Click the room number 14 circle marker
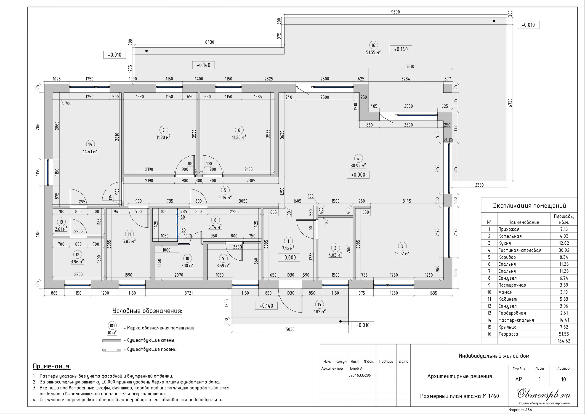pyautogui.click(x=90, y=144)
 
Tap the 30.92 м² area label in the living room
pyautogui.click(x=358, y=166)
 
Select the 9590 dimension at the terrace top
pyautogui.click(x=395, y=12)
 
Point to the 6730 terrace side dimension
pyautogui.click(x=510, y=103)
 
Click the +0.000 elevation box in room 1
pyautogui.click(x=289, y=257)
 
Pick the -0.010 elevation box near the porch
pyautogui.click(x=363, y=325)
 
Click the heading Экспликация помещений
pyautogui.click(x=529, y=206)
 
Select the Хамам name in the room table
pyautogui.click(x=505, y=292)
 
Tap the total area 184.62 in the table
pyautogui.click(x=564, y=341)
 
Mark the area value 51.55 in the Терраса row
pyautogui.click(x=564, y=334)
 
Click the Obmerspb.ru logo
pyautogui.click(x=544, y=394)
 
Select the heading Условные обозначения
pyautogui.click(x=147, y=311)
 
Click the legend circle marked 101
pyautogui.click(x=112, y=326)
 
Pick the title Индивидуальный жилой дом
pyautogui.click(x=494, y=356)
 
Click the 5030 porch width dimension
pyautogui.click(x=290, y=329)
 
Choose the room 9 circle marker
pyautogui.click(x=223, y=259)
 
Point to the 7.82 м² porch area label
pyautogui.click(x=319, y=312)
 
